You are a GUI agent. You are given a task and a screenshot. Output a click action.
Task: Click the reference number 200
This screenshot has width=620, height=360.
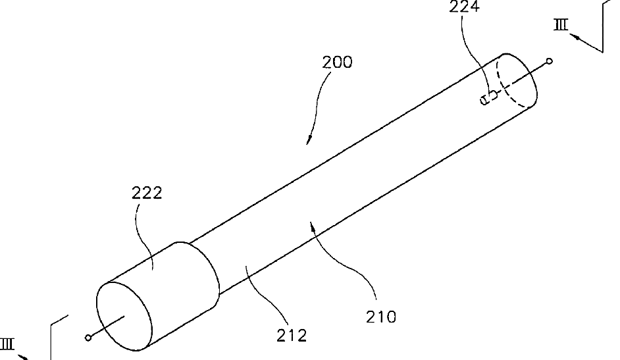337,63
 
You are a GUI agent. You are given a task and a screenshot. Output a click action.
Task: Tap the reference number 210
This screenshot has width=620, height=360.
381,317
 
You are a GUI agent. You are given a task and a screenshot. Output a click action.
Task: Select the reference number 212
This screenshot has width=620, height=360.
292,336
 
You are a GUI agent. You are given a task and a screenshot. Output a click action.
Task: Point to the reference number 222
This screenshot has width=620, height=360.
147,193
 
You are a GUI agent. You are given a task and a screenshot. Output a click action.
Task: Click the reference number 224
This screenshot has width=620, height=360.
464,7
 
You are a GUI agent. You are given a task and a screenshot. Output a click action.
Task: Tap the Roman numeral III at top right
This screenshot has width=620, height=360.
561,25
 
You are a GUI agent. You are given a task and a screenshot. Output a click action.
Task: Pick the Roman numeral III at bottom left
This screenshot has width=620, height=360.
7,344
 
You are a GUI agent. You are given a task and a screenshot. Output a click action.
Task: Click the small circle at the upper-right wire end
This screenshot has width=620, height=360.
549,61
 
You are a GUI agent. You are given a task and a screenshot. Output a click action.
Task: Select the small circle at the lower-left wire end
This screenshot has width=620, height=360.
88,338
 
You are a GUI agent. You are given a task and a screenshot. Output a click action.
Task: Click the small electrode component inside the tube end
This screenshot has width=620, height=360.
489,97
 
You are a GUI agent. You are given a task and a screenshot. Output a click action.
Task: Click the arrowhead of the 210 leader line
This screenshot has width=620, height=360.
313,226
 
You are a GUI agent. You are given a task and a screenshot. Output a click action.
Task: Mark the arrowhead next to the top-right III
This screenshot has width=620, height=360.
575,37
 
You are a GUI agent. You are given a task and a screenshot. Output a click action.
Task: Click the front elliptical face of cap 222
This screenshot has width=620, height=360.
124,316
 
